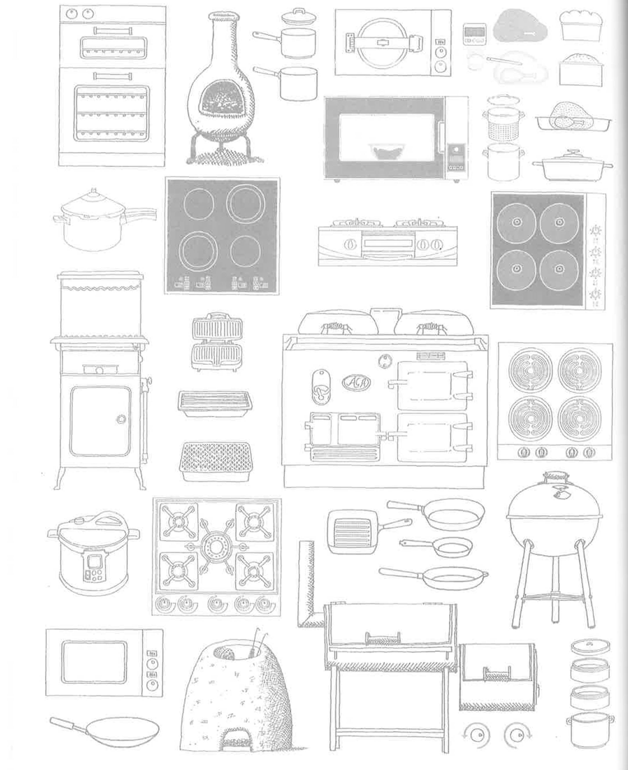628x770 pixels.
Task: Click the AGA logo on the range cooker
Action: [x=356, y=382]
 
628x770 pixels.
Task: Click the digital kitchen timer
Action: [x=474, y=34]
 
